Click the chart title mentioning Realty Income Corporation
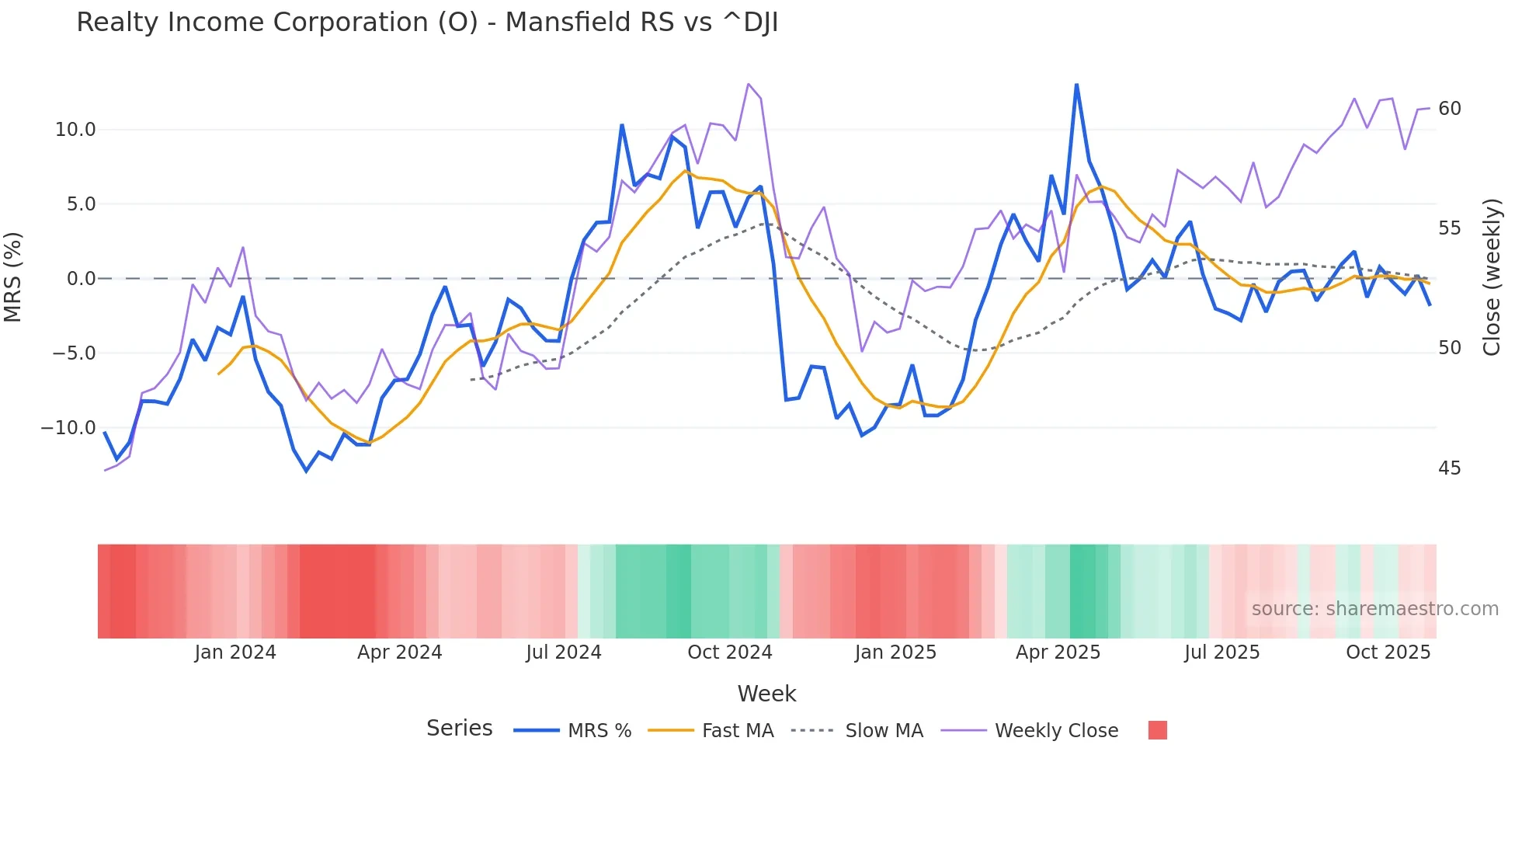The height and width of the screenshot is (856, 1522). tap(427, 23)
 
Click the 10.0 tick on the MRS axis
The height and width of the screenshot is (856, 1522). tap(75, 130)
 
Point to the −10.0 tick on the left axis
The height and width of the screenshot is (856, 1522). tap(68, 428)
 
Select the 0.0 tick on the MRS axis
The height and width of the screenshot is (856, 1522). tap(81, 279)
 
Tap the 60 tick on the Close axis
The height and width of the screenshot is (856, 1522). tap(1449, 109)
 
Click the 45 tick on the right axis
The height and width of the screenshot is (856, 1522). tap(1449, 468)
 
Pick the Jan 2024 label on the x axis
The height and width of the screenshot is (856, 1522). tap(235, 652)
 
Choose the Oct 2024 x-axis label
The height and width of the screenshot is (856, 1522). tap(729, 652)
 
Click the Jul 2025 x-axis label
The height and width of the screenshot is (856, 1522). tap(1221, 652)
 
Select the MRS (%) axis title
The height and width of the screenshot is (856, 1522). tap(13, 277)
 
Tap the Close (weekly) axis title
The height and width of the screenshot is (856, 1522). tap(1492, 277)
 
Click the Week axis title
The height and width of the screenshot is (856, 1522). tap(766, 694)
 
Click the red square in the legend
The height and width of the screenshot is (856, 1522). tap(1157, 730)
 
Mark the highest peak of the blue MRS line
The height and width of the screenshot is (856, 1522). tap(1076, 84)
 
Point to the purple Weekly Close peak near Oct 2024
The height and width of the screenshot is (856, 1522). tap(748, 84)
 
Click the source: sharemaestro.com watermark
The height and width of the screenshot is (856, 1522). tap(1374, 609)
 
